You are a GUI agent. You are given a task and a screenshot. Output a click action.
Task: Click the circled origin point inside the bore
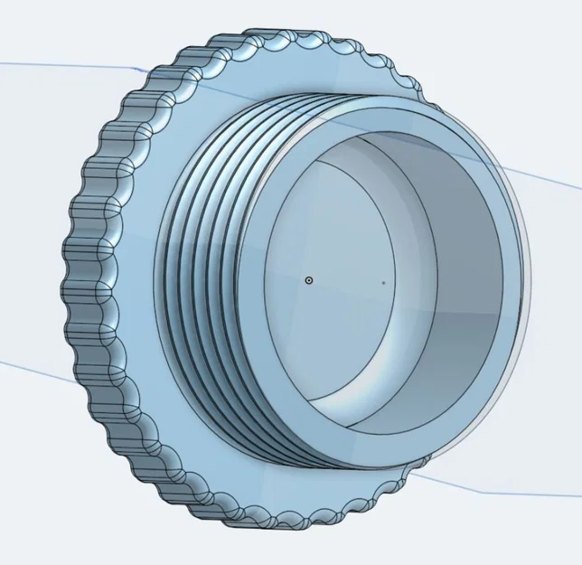[x=309, y=280]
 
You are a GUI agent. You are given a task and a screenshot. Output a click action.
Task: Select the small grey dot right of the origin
[x=384, y=282]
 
